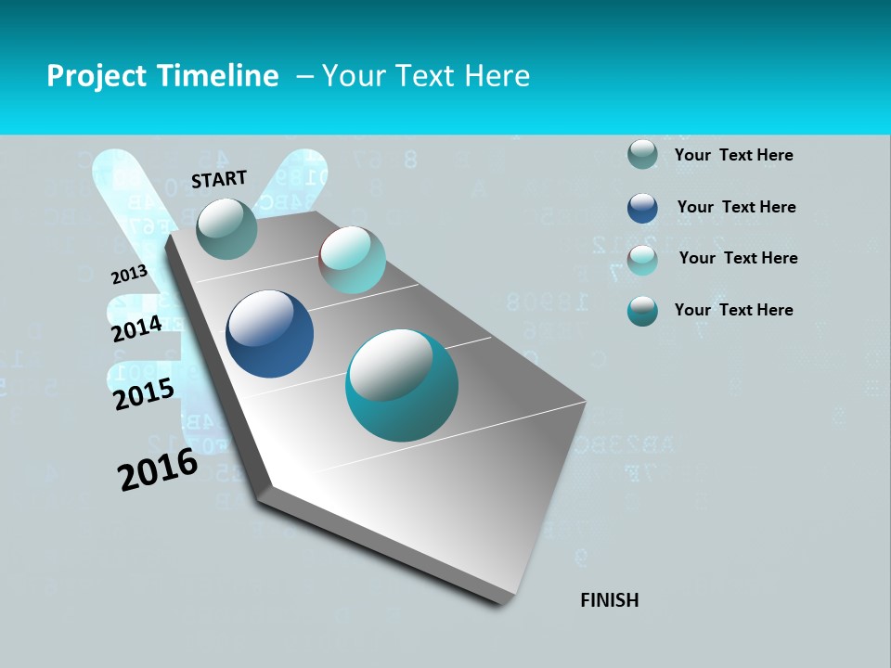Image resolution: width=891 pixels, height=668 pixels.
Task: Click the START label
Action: pos(219,179)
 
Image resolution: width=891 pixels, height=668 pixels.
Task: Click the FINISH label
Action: pos(610,600)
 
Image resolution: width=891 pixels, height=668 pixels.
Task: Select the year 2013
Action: pos(129,274)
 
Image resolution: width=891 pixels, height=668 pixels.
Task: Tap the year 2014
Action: pos(137,328)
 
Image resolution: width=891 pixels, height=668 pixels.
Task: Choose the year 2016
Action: pos(158,469)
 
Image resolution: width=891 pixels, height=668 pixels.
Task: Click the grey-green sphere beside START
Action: pos(227,228)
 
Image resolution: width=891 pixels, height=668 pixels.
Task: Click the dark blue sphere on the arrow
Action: pos(269,334)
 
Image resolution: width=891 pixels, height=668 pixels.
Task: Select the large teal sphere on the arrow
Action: pos(402,385)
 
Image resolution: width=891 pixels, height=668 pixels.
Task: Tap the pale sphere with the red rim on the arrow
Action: pos(353,260)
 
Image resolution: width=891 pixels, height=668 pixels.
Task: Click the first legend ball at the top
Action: pos(642,154)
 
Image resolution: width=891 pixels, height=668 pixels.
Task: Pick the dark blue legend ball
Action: pos(642,208)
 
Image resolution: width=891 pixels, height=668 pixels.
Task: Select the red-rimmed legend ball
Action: pos(642,260)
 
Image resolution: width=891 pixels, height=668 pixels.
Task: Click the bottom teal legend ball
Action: pos(642,311)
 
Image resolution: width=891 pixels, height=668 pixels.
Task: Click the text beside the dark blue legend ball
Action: pos(736,207)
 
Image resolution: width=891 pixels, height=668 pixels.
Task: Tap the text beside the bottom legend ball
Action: pos(733,310)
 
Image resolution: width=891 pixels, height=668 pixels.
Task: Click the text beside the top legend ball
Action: pos(733,155)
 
